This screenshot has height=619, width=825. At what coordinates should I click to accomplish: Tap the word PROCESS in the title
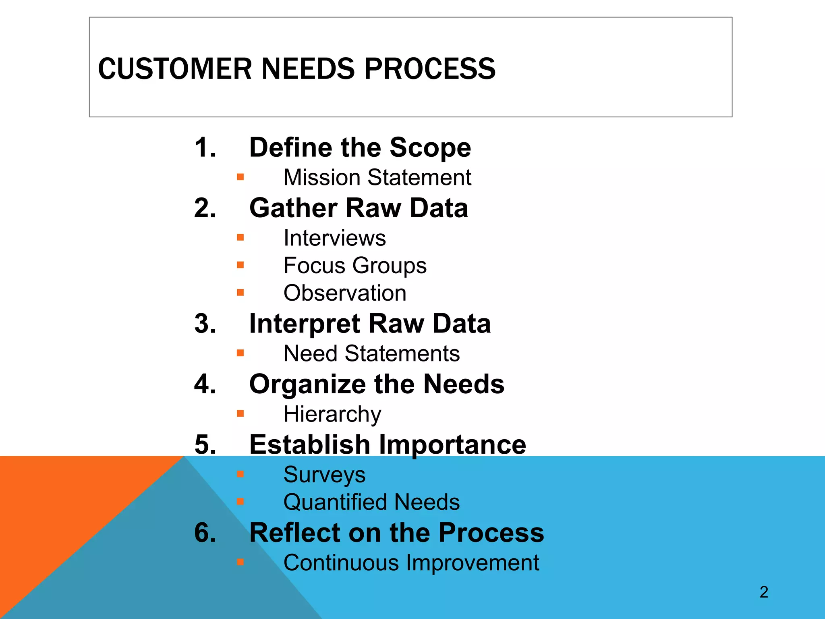[430, 69]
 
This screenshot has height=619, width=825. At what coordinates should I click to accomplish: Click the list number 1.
[205, 147]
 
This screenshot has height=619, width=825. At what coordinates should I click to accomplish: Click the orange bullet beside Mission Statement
[240, 177]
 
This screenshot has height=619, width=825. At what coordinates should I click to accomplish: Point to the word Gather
[293, 208]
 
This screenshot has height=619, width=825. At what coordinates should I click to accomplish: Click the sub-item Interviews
[334, 238]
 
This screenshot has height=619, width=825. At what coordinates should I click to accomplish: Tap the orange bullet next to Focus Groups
[240, 265]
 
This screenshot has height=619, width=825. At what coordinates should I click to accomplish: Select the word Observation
[345, 293]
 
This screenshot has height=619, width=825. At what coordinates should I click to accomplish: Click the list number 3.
[205, 324]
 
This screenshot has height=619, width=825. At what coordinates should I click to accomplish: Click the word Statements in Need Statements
[402, 353]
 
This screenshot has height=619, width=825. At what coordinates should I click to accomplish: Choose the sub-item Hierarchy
[332, 414]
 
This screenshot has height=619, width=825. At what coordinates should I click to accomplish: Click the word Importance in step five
[452, 445]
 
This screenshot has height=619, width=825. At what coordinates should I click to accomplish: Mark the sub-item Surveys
[324, 475]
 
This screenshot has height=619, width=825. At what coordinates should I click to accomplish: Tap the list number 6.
[205, 533]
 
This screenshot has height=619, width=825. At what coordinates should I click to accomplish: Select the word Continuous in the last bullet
[341, 563]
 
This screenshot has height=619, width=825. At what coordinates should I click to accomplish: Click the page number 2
[764, 592]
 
